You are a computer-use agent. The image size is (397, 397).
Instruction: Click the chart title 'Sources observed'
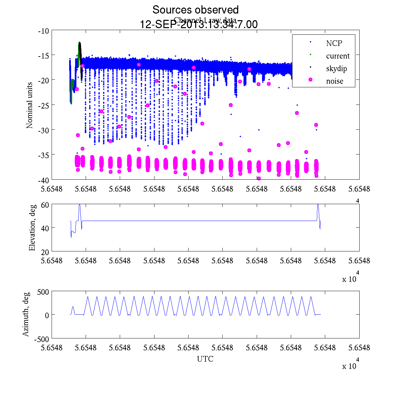pos(195,10)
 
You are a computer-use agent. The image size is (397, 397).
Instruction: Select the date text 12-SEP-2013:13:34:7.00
pos(198,24)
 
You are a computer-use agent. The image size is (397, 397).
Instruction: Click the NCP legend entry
pos(334,43)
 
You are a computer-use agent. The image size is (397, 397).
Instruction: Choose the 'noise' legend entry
pos(334,81)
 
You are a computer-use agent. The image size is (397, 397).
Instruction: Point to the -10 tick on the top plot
pos(44,31)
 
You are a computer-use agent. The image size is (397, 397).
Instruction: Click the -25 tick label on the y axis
pos(44,105)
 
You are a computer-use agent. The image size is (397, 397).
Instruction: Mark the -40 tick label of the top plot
pos(44,180)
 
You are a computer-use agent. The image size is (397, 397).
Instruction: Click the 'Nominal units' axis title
pos(30,105)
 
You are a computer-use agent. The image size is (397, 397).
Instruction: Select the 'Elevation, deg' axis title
pos(32,228)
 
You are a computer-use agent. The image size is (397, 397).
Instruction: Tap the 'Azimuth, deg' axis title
pos(26,314)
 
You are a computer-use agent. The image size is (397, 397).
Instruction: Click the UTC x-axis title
pos(205,359)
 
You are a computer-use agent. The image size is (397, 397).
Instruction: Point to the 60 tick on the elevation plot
pos(45,205)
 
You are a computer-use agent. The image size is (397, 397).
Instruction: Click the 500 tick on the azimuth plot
pos(43,292)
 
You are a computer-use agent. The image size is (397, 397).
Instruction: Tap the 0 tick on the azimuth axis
pos(47,315)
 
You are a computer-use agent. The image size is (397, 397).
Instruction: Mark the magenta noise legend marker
pos(310,80)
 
